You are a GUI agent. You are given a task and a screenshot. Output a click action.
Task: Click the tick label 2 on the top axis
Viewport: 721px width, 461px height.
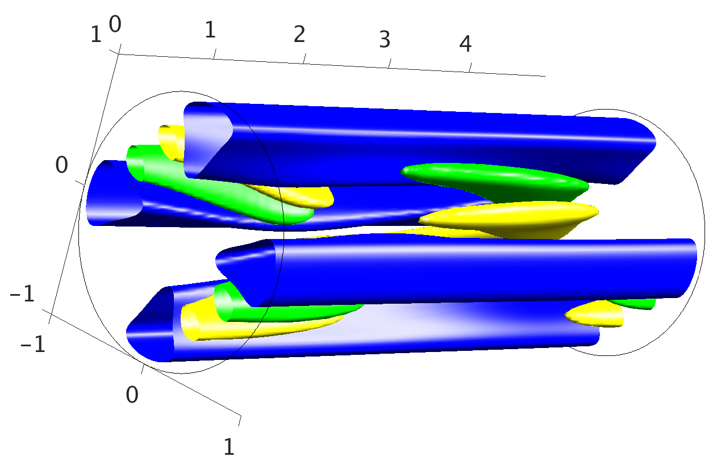(299, 34)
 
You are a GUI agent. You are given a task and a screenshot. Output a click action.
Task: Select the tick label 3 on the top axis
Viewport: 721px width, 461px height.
(385, 40)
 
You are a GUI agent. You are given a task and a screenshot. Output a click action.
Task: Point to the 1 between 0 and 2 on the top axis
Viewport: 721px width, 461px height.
(210, 30)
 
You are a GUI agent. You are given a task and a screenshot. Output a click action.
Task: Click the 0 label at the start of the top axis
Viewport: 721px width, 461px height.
(115, 24)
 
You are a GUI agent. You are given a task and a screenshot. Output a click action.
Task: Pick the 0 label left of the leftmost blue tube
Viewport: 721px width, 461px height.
(61, 165)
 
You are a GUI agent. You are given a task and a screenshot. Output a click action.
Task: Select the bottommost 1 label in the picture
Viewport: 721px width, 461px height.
(229, 447)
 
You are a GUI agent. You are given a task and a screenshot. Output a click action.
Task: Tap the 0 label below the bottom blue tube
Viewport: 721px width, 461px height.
(132, 395)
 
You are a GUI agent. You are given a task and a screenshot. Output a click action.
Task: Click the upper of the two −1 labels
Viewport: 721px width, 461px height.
(22, 294)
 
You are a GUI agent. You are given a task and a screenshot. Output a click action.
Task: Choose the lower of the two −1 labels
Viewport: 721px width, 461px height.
(32, 344)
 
